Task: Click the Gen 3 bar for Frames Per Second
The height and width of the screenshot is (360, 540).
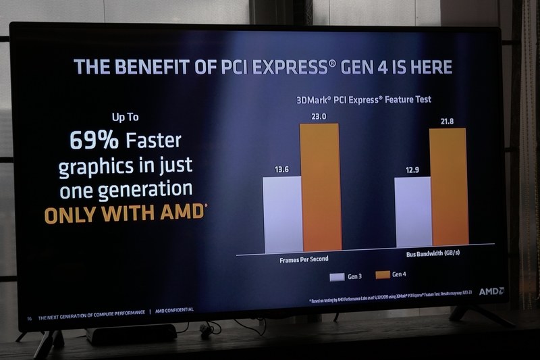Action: click(x=283, y=214)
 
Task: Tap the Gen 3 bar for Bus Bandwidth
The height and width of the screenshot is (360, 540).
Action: click(x=412, y=221)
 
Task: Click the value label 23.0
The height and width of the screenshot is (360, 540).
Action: click(x=319, y=117)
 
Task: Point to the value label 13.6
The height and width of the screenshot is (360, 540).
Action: click(x=282, y=170)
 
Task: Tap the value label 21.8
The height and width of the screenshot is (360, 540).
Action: click(x=448, y=122)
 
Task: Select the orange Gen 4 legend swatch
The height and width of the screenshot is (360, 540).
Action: click(x=381, y=275)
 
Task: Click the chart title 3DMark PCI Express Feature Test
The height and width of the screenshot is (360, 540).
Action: click(x=363, y=99)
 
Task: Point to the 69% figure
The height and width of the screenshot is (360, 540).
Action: click(x=94, y=140)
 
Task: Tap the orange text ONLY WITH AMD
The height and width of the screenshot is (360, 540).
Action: click(x=125, y=213)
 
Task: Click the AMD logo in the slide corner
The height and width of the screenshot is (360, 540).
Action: click(x=491, y=291)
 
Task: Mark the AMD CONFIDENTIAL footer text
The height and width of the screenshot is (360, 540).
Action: click(x=175, y=310)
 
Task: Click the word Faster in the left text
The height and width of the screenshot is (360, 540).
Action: click(x=153, y=141)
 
